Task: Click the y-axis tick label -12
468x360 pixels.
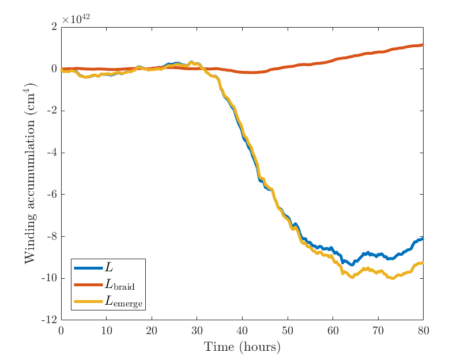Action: (50, 320)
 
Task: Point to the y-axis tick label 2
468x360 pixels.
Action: (54, 26)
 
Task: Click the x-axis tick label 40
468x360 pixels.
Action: (242, 330)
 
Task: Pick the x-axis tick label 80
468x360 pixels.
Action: (423, 330)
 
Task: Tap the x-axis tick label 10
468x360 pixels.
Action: (106, 330)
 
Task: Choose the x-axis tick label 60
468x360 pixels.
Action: (333, 330)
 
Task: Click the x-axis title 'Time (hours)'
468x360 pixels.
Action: (242, 347)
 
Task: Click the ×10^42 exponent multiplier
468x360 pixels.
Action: (76, 19)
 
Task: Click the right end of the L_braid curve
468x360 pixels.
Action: (422, 44)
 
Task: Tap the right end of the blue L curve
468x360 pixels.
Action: (422, 238)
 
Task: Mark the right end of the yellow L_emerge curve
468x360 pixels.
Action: (422, 263)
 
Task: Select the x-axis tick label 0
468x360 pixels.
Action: (61, 330)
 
